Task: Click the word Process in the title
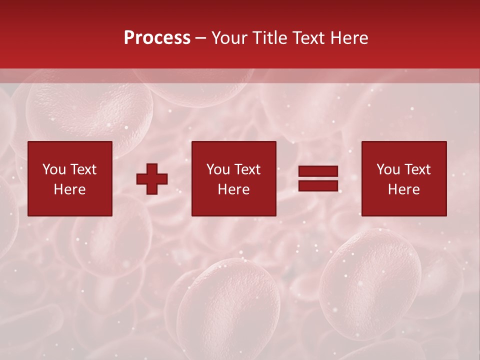click(157, 38)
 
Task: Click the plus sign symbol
click(152, 179)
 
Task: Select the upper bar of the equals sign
click(318, 171)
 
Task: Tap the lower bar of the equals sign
click(318, 186)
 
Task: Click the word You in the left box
click(53, 169)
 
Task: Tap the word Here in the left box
click(69, 189)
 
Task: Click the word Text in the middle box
click(247, 169)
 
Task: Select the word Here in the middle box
click(233, 189)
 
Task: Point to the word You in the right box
click(388, 169)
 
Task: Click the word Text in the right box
click(417, 169)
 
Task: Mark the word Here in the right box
click(403, 189)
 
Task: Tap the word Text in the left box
click(83, 169)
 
